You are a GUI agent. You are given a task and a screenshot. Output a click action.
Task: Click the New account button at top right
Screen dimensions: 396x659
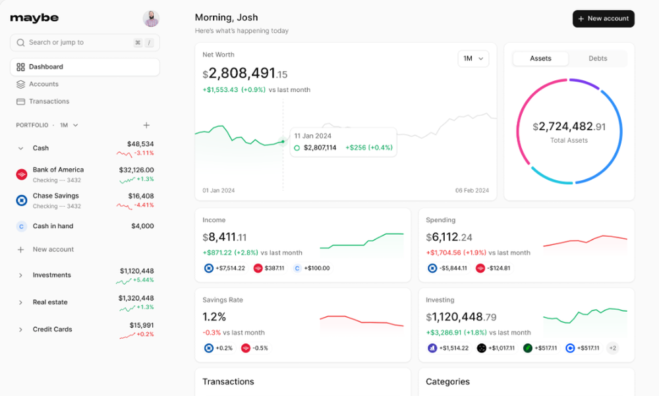pyautogui.click(x=603, y=18)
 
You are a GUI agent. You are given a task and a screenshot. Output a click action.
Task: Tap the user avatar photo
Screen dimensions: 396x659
pyautogui.click(x=151, y=18)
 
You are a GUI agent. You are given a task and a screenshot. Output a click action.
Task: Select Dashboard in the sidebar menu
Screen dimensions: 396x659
pyautogui.click(x=46, y=67)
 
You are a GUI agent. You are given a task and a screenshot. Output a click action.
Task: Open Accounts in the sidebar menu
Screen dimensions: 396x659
pyautogui.click(x=43, y=84)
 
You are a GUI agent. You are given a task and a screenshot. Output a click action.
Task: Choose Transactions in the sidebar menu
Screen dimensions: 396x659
pyautogui.click(x=49, y=101)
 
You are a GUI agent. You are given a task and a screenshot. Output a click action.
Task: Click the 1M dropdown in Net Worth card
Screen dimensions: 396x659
pyautogui.click(x=473, y=59)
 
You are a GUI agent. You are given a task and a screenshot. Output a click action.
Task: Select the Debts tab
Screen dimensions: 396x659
pyautogui.click(x=598, y=59)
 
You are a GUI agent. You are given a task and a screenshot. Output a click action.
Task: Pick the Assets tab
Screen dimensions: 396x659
pyautogui.click(x=540, y=59)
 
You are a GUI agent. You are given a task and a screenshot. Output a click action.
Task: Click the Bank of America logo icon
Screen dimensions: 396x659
pyautogui.click(x=21, y=174)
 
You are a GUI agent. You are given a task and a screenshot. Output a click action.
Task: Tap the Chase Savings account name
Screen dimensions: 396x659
pyautogui.click(x=55, y=196)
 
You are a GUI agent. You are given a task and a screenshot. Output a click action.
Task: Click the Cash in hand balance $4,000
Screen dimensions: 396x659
pyautogui.click(x=142, y=226)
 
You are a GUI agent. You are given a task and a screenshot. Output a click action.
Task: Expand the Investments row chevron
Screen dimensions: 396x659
pyautogui.click(x=20, y=276)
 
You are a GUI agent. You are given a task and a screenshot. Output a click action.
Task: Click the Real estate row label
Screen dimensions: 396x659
pyautogui.click(x=50, y=303)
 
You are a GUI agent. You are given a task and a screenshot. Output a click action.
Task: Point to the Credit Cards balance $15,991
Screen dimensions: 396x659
pyautogui.click(x=142, y=325)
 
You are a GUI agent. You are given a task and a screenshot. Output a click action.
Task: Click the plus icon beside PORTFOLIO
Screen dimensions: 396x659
pyautogui.click(x=146, y=125)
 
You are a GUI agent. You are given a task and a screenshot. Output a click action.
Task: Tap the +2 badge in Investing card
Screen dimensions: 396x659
pyautogui.click(x=612, y=348)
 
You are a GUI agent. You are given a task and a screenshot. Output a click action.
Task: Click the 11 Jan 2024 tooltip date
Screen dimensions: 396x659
pyautogui.click(x=312, y=136)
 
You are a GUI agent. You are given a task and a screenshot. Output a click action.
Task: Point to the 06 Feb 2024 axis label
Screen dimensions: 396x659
pyautogui.click(x=472, y=191)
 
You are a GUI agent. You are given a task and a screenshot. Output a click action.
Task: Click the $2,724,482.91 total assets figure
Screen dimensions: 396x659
pyautogui.click(x=569, y=126)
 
